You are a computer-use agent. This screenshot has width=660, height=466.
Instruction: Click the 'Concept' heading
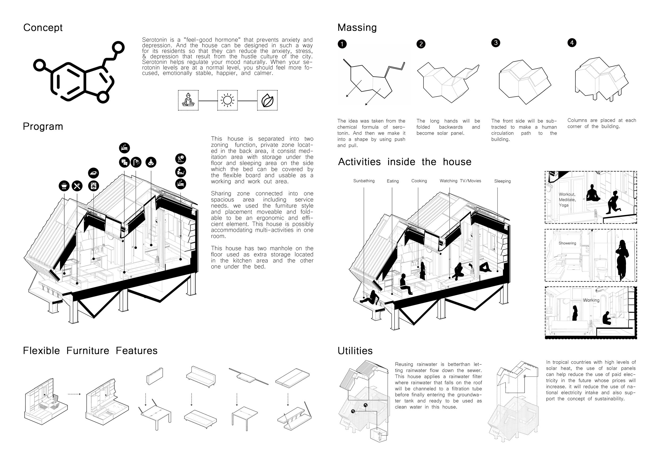click(x=43, y=28)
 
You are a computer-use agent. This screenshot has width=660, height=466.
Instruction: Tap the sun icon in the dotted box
click(x=227, y=100)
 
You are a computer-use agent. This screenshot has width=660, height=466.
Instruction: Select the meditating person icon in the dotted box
click(x=188, y=100)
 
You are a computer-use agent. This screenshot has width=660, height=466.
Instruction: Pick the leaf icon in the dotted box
click(x=267, y=100)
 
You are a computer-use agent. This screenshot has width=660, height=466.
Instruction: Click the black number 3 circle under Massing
click(x=496, y=43)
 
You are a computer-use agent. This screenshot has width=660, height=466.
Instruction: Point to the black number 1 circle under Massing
click(x=342, y=44)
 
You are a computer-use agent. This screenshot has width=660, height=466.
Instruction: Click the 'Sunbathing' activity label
click(x=364, y=181)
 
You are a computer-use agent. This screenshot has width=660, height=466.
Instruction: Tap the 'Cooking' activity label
click(x=419, y=181)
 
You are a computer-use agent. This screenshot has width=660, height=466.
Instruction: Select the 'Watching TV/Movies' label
click(x=460, y=181)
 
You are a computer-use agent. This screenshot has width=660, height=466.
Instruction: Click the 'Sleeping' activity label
click(x=502, y=181)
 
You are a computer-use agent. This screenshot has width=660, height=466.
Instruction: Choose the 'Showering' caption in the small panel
click(x=567, y=243)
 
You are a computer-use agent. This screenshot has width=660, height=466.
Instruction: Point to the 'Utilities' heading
click(x=355, y=351)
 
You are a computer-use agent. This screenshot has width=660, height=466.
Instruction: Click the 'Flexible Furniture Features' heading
click(x=90, y=351)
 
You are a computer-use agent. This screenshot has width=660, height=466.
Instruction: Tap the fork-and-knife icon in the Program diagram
click(x=77, y=186)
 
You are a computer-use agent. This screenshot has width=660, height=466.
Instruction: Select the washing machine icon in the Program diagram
click(x=93, y=186)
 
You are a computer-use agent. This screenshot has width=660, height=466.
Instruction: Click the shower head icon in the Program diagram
click(x=136, y=162)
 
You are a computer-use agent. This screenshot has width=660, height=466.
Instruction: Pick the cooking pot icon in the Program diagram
click(x=64, y=186)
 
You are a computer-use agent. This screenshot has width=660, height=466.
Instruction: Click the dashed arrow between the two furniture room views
click(x=74, y=394)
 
